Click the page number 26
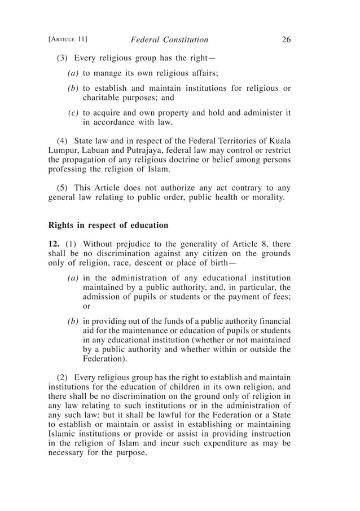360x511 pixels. pos(285,39)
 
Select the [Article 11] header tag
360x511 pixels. pos(68,39)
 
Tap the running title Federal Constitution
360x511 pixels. pos(169,39)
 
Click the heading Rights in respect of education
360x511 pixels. pos(108,225)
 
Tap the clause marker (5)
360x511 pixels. pos(63,187)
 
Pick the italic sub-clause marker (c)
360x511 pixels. pos(73,112)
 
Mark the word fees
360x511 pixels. pos(280,297)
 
